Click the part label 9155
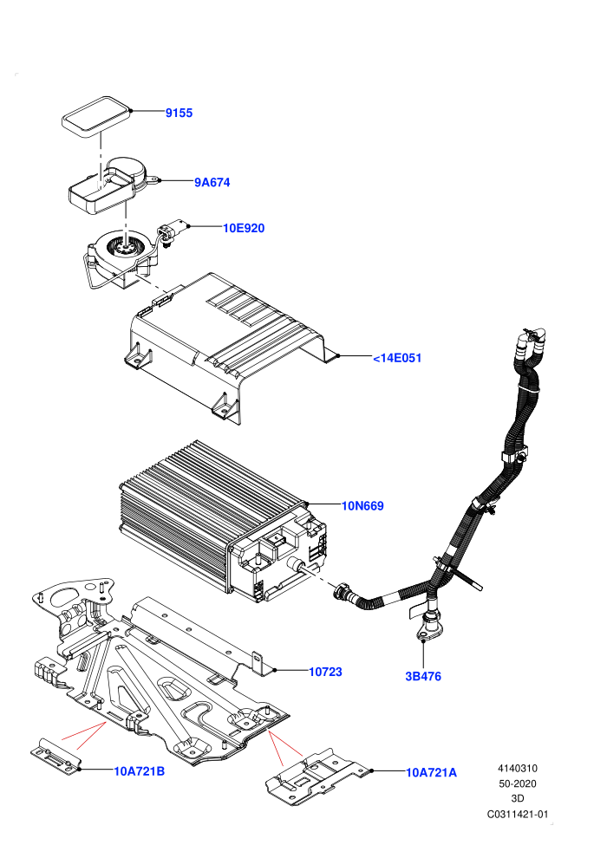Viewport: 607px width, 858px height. (179, 113)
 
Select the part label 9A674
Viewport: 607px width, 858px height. (212, 182)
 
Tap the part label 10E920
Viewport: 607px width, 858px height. (244, 228)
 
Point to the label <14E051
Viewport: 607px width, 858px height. (397, 358)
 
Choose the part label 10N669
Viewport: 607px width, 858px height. (362, 505)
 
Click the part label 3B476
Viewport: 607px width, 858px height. (423, 676)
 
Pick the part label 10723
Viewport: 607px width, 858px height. (326, 672)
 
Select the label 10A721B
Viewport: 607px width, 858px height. (139, 771)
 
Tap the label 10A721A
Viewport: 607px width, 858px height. (431, 772)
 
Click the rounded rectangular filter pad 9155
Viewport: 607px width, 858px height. (95, 115)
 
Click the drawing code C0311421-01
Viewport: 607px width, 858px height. (517, 814)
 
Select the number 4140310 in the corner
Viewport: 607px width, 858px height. (517, 768)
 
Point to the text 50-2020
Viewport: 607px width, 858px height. (517, 783)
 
